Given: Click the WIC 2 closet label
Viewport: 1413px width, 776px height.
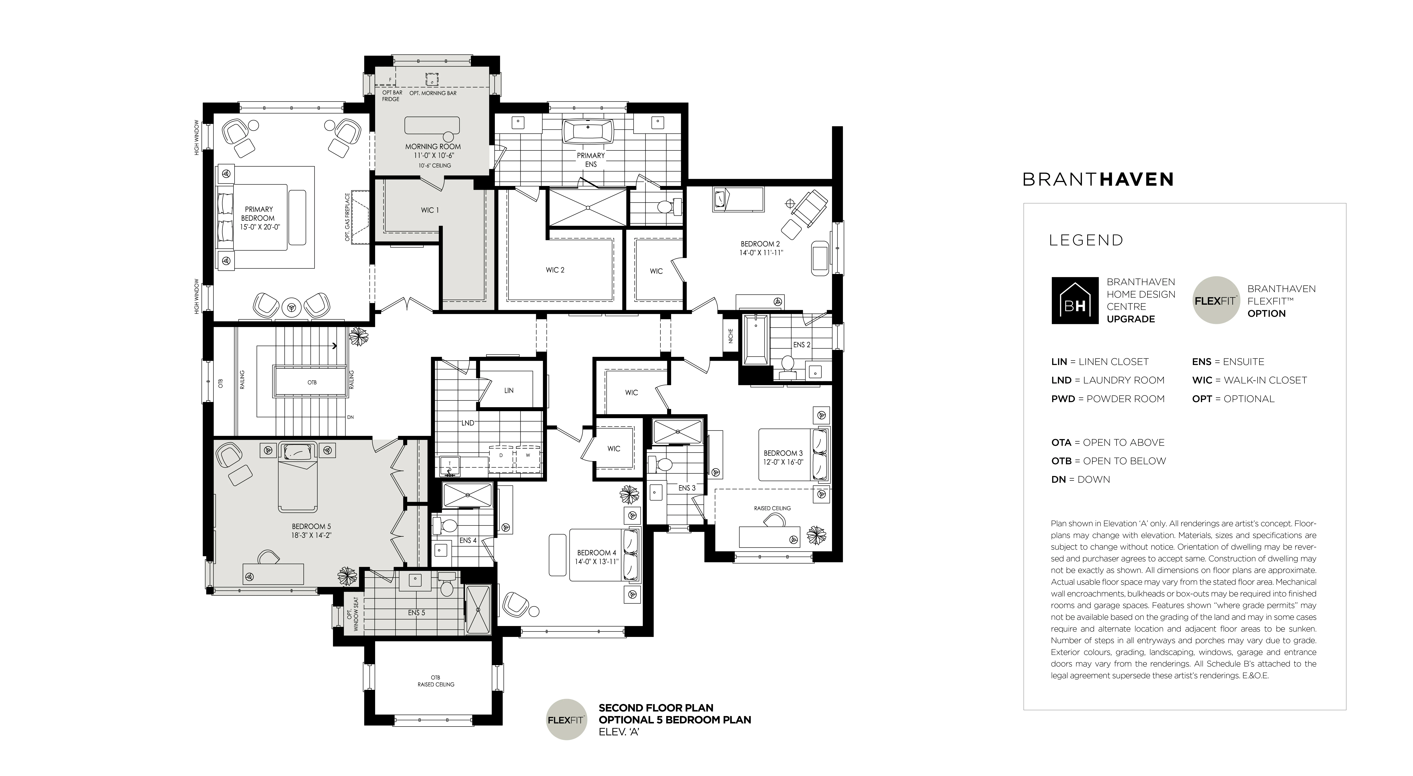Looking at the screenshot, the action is pos(555,270).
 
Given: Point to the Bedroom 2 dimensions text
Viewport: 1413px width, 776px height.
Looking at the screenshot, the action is pos(761,253).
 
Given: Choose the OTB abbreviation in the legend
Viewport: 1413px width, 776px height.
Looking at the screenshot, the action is pos(1061,461).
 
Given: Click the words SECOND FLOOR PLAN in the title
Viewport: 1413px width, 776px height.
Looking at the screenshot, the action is pos(656,708).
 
